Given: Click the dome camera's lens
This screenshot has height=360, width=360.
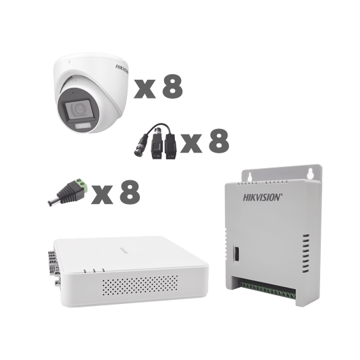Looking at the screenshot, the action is [79, 109].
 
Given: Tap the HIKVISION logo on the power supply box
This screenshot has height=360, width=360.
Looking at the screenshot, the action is [263, 197].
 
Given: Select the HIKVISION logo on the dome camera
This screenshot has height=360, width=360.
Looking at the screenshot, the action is [122, 69].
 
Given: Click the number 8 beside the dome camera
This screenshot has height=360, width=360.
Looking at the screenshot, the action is [172, 86].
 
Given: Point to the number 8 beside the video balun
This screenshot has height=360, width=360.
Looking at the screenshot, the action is [219, 140].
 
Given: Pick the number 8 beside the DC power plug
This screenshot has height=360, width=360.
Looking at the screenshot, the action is [130, 192].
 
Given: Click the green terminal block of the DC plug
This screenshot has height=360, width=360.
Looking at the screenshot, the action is [80, 184].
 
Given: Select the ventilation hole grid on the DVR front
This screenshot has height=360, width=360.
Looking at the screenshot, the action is [140, 285].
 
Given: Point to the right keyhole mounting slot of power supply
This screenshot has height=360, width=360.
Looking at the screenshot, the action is [311, 174].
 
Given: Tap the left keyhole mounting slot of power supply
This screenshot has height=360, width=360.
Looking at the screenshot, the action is [250, 176].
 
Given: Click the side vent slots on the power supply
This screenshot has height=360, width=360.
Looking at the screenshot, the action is [305, 253].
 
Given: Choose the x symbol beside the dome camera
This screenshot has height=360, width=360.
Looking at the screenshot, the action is [145, 89].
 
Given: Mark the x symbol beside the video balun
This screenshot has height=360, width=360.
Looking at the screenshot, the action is [191, 143].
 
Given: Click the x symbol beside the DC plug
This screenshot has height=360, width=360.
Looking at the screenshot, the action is [102, 195].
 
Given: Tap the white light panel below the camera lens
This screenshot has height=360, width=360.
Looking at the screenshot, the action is [82, 126].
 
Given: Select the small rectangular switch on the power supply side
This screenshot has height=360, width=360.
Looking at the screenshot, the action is [236, 253].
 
